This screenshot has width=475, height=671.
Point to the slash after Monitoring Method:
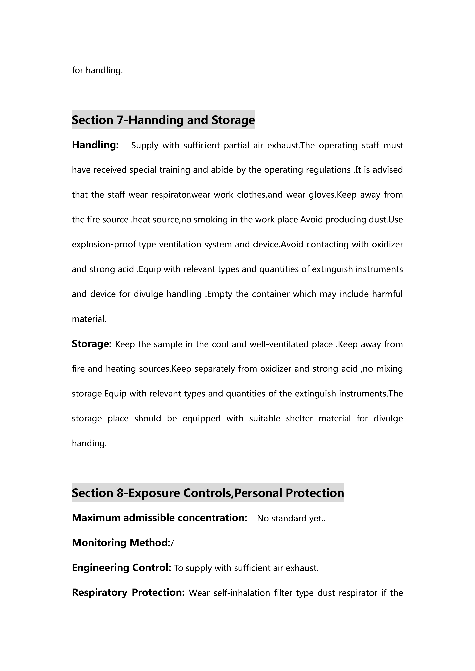172,543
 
